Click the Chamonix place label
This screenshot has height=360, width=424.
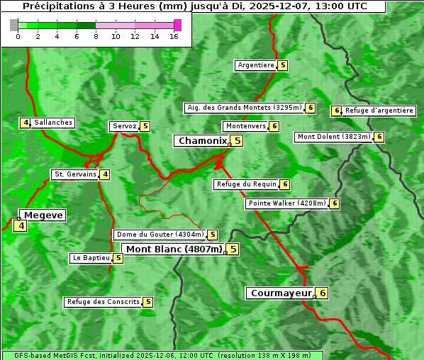202,141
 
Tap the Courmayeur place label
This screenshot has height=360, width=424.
281,293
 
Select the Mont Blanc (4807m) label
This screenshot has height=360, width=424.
174,249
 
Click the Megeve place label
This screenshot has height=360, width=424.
44,215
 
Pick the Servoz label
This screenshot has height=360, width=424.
124,126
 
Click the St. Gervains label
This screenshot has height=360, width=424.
75,174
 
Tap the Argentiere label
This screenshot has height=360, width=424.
256,65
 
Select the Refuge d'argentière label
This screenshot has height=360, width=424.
379,111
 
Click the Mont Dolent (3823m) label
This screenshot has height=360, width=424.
334,137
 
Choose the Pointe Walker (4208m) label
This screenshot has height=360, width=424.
286,203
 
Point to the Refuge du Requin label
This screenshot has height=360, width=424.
246,184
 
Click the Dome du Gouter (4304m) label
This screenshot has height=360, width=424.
160,235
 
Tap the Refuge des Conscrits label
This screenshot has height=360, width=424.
103,302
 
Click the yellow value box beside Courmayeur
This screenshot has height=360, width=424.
322,293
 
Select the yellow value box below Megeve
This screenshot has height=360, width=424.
20,227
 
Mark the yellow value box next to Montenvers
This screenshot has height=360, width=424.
274,126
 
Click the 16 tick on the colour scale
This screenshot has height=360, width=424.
174,36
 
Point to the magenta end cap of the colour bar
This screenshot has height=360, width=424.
177,25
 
